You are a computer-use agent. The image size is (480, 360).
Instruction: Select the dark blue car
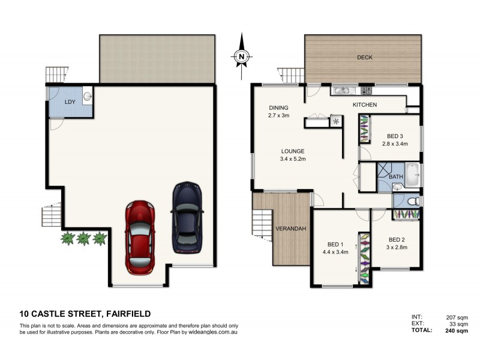point(187,217)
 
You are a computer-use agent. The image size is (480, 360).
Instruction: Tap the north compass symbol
point(241,56)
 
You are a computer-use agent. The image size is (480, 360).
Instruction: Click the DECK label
point(365,58)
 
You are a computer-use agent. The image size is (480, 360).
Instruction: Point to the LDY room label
point(70,103)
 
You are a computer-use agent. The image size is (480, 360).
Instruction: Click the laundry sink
point(87,95)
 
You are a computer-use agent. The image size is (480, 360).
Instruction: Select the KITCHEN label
point(364,105)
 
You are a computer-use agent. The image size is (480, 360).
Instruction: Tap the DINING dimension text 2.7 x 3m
point(279,116)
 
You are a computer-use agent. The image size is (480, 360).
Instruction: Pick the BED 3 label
point(395,136)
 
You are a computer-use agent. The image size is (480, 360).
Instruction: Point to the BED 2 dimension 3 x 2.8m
point(397,247)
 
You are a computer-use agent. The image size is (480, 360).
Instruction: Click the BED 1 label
point(335,244)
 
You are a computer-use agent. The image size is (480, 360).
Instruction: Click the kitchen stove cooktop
point(367,91)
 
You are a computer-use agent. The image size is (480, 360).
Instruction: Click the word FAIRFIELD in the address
point(128,313)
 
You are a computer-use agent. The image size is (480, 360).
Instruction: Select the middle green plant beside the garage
point(83,239)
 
